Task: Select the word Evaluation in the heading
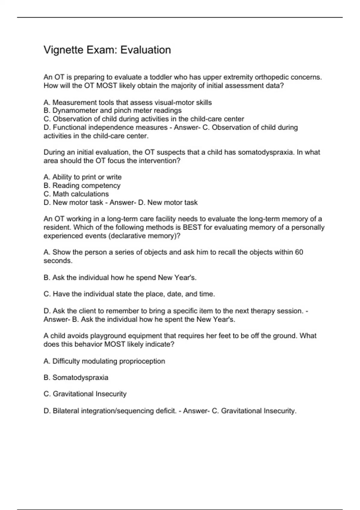145,50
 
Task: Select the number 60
299,252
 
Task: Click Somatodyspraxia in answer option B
80,378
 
